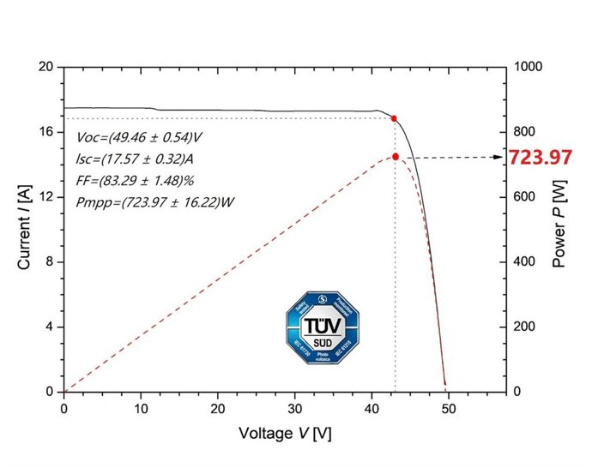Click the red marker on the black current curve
(394, 118)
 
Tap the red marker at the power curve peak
(396, 157)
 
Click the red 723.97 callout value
(540, 158)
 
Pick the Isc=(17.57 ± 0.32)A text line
(134, 159)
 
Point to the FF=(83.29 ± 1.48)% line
(136, 180)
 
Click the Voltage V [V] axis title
(285, 434)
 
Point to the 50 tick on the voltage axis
(449, 408)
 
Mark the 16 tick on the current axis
(45, 131)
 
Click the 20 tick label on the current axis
(45, 66)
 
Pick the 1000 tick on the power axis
(526, 66)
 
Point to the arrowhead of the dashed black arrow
(500, 157)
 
